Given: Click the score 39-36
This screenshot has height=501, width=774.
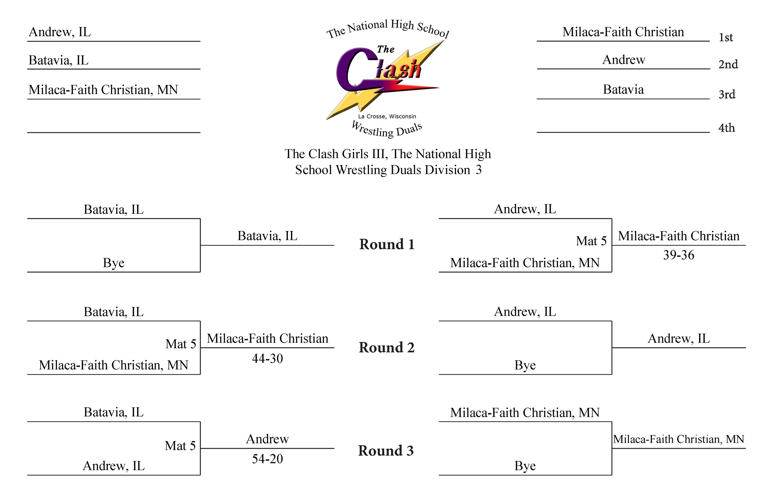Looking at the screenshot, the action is [679, 255].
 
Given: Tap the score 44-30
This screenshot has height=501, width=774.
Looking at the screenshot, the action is [267, 359].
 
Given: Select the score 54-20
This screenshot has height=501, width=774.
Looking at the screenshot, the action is [267, 459].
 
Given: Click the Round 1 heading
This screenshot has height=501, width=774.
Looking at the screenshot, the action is [387, 244].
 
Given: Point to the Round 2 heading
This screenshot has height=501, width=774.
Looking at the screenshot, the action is [387, 347].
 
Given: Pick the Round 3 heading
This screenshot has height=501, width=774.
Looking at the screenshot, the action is [386, 451].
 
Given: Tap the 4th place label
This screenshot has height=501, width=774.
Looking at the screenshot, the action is [727, 128].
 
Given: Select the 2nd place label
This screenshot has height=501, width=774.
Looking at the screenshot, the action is [728, 64].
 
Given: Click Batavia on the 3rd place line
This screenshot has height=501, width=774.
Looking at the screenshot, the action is [623, 89].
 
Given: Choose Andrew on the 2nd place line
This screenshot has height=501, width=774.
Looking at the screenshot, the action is [624, 60].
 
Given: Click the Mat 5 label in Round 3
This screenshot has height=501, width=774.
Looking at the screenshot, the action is [180, 446].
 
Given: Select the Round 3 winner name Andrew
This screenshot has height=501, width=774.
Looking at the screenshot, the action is [267, 439].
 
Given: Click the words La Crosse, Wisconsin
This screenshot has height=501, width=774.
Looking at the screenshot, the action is [387, 116].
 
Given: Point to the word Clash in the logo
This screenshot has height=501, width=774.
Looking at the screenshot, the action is [379, 69].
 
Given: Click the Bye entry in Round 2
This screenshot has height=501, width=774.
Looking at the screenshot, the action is [525, 365].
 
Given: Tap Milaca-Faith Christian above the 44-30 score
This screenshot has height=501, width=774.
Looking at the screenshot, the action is [267, 339].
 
